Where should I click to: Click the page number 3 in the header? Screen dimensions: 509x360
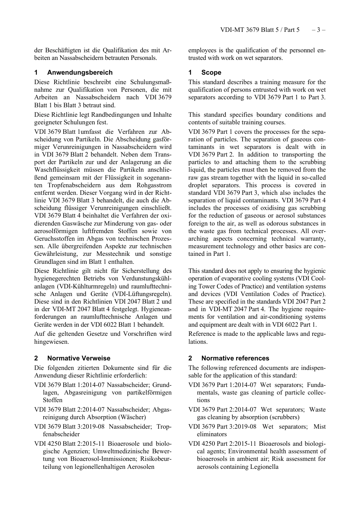point(318,30)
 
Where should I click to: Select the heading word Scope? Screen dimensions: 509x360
point(211,72)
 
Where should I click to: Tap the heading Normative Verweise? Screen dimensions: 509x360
point(78,358)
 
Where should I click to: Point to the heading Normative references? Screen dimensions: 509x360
point(235,358)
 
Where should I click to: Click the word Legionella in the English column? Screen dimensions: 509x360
point(264,467)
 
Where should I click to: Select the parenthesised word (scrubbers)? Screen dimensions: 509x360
point(284,417)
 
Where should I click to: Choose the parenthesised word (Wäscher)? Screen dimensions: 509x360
point(128,417)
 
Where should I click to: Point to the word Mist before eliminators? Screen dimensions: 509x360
point(319,427)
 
